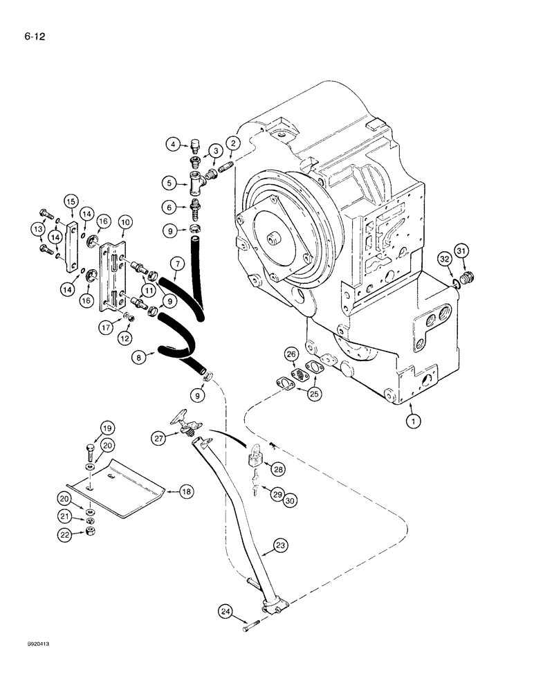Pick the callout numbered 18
coord(185,491)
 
